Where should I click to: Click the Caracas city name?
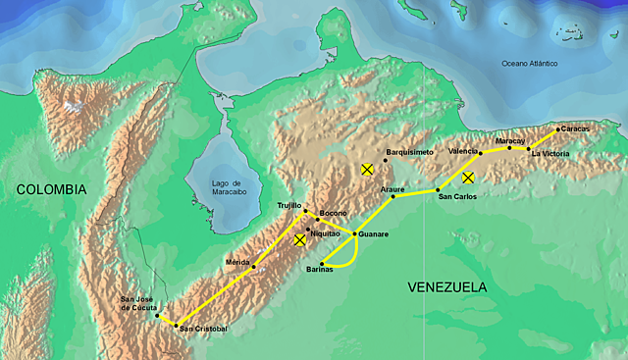[576, 129]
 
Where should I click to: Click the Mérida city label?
[237, 262]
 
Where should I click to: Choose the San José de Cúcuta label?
[137, 303]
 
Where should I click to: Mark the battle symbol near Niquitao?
[300, 240]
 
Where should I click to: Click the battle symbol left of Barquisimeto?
[367, 170]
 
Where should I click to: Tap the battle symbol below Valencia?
[469, 178]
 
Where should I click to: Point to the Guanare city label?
[374, 234]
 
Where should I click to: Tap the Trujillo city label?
[289, 204]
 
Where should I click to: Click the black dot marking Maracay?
[510, 148]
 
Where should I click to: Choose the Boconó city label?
[334, 213]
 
